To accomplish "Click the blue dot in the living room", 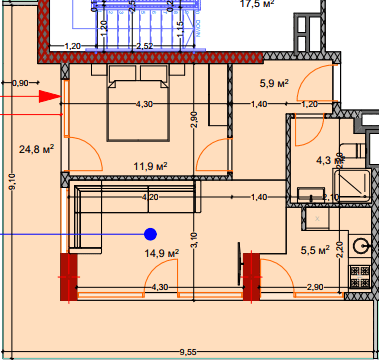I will point(150,234).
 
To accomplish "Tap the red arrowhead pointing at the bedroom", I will point(51,97).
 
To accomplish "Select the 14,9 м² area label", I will point(160,254).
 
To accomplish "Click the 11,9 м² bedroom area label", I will point(150,166).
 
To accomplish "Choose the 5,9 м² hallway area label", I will point(274,83).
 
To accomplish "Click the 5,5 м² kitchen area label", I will point(314,250).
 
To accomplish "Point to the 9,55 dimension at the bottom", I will point(187,352).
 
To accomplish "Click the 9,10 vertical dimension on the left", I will point(11,181).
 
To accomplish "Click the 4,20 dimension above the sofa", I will point(151,197).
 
